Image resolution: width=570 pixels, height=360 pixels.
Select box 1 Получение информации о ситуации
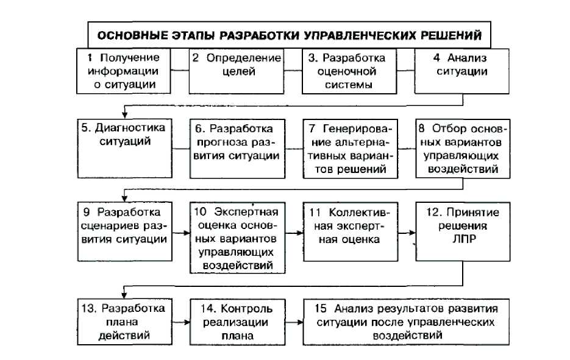coord(124,71)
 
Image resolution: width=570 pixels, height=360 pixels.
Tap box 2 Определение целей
coord(236,71)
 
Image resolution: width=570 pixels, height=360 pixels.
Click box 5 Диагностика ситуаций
coord(124,147)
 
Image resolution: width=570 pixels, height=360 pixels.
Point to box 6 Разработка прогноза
coord(236,147)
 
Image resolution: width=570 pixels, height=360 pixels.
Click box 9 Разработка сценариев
coord(124,231)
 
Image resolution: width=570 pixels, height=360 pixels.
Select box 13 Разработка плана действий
coord(124,321)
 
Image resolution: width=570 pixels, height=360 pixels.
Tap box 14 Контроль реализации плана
coord(236,321)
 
